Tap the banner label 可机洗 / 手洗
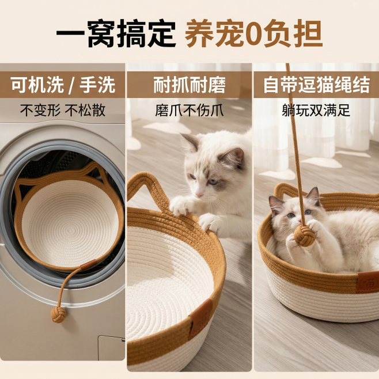coord(63,85)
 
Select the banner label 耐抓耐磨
coord(189,85)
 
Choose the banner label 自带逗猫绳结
coord(316,85)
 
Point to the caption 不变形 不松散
coord(63,110)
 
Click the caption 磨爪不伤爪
coord(189,110)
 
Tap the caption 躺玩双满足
coord(316,110)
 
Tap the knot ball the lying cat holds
coord(305,235)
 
